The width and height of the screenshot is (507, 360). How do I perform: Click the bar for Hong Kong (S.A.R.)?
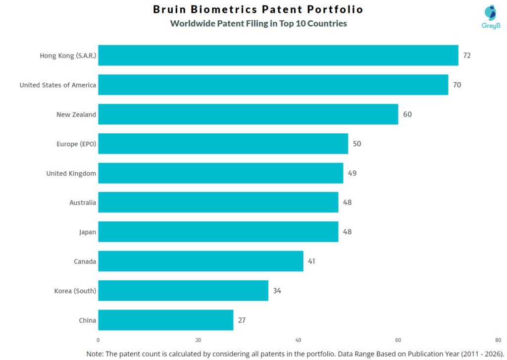click(x=278, y=55)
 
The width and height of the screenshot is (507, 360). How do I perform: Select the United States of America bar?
click(x=273, y=85)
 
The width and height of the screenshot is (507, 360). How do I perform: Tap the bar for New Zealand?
click(x=248, y=114)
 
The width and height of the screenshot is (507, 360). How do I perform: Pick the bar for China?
click(x=165, y=320)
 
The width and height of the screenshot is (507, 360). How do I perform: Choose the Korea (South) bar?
click(x=183, y=291)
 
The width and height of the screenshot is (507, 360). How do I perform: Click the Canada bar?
click(x=201, y=261)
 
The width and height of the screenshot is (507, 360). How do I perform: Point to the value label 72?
click(x=467, y=55)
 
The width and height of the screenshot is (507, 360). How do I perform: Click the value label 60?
click(x=407, y=114)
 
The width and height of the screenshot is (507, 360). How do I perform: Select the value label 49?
click(x=352, y=173)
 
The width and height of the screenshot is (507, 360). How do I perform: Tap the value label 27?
click(x=242, y=320)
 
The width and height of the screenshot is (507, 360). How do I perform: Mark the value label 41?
click(x=311, y=261)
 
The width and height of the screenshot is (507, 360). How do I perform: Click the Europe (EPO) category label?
click(x=76, y=144)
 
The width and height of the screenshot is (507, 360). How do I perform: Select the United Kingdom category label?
click(x=71, y=173)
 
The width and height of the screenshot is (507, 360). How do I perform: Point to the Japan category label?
click(x=88, y=232)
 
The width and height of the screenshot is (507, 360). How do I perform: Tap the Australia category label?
click(x=83, y=203)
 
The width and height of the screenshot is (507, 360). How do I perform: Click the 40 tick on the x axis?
click(x=298, y=340)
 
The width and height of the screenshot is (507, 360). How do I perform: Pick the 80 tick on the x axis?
click(x=498, y=340)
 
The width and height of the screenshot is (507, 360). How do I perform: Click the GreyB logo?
click(x=491, y=17)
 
